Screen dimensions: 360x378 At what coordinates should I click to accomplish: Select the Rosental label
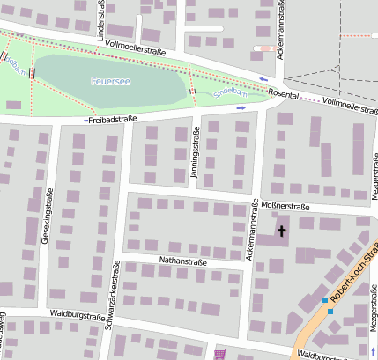pos(283,95)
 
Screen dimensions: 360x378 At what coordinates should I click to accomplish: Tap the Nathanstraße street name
pos(182,261)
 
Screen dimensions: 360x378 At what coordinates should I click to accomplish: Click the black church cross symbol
pos(282,231)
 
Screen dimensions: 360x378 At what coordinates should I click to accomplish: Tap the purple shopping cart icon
pos(219,354)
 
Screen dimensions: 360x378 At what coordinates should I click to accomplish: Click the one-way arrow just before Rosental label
pos(263,82)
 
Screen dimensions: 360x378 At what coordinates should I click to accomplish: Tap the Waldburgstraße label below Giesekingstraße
pos(78,313)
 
